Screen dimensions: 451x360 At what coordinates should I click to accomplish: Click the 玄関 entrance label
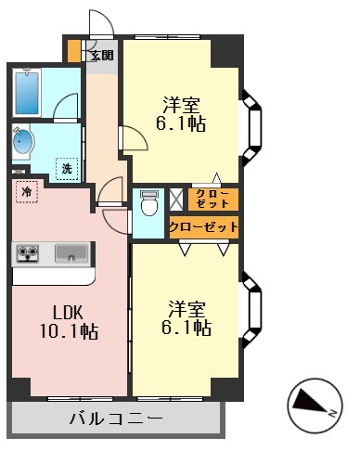(101, 56)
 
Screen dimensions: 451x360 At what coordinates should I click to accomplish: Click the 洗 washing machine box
(67, 168)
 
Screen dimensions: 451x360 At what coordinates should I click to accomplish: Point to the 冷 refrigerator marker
(27, 192)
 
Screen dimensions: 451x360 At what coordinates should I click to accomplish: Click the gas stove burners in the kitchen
(27, 252)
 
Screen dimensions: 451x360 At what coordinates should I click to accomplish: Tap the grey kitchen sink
(71, 252)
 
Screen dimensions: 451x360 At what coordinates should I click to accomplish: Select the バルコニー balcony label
(116, 419)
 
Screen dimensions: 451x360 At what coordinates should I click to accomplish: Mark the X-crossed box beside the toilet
(176, 197)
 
